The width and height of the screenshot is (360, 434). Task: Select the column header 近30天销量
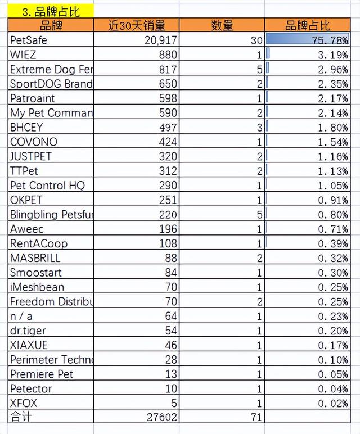click(x=137, y=25)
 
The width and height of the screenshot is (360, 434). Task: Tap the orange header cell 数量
click(x=222, y=25)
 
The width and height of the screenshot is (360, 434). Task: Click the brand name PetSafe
click(x=29, y=40)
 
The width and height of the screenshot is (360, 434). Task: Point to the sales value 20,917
click(x=161, y=40)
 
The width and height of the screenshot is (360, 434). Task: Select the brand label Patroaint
click(x=33, y=98)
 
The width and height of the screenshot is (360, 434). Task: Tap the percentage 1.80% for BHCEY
click(x=333, y=128)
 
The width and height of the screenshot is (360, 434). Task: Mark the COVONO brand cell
click(x=34, y=142)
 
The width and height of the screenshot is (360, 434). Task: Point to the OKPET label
click(x=26, y=200)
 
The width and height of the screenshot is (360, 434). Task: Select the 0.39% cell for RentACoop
click(x=333, y=243)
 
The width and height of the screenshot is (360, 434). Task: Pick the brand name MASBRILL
click(x=35, y=258)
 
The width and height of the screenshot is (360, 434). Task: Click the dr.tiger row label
click(x=28, y=331)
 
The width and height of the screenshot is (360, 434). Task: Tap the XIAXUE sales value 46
click(x=171, y=345)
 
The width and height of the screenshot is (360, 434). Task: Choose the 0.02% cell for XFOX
click(x=333, y=403)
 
